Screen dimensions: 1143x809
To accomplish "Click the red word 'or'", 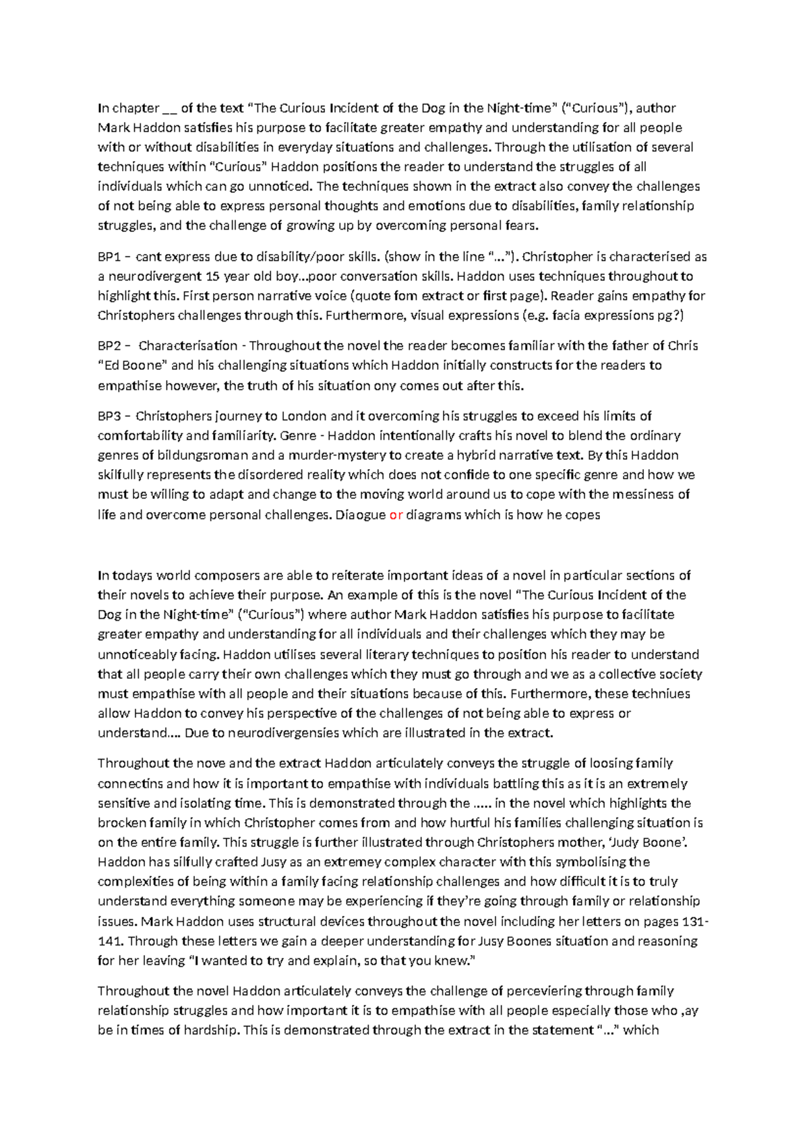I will tap(396, 515).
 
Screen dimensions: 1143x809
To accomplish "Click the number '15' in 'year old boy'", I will tap(213, 276).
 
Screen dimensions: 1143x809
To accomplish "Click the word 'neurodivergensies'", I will tap(283, 733).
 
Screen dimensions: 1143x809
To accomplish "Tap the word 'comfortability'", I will tap(140, 435).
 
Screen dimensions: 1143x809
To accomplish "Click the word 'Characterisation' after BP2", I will tap(187, 346).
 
